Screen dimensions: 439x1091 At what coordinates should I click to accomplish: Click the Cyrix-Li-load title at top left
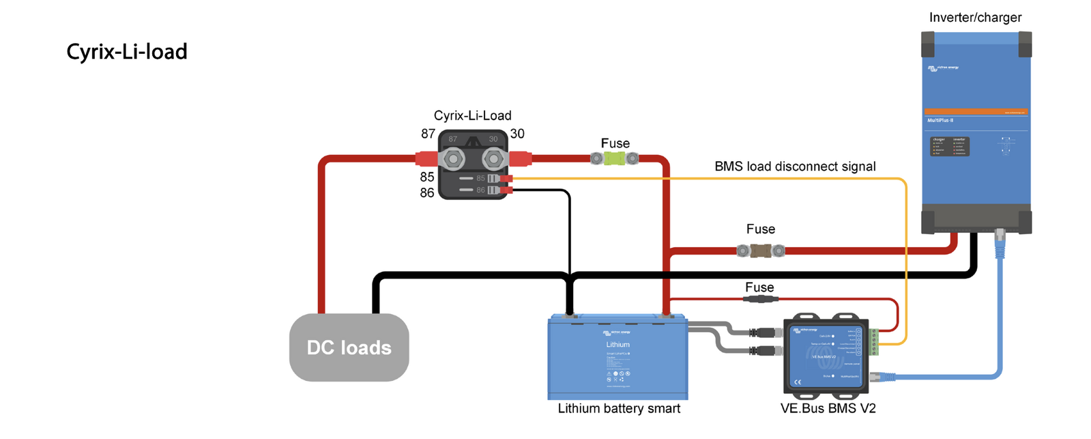(x=127, y=52)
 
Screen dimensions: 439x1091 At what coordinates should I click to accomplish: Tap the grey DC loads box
(x=349, y=348)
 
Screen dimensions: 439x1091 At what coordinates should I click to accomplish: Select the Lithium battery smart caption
(x=619, y=408)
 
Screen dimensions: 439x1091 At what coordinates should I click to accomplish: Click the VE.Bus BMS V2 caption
(x=828, y=408)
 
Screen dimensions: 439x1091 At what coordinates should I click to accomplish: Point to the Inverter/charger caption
(x=975, y=18)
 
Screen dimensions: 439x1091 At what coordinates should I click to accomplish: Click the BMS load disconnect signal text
(x=795, y=167)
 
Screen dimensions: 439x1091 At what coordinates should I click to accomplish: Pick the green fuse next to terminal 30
(x=615, y=159)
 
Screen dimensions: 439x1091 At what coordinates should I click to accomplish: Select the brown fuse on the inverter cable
(x=761, y=251)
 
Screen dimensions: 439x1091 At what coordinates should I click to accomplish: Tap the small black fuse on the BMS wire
(x=760, y=299)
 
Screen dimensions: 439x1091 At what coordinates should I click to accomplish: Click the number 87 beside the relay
(x=428, y=134)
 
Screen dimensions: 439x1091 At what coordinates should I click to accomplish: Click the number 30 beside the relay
(x=517, y=134)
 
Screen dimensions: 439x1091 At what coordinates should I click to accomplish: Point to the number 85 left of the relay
(x=427, y=177)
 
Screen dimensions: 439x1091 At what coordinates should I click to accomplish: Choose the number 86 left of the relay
(x=427, y=193)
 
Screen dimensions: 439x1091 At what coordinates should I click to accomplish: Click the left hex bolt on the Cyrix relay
(x=452, y=160)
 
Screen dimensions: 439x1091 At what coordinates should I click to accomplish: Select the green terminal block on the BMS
(x=874, y=342)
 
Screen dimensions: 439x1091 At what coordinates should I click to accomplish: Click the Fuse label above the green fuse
(x=615, y=143)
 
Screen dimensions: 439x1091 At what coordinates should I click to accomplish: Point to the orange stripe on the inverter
(x=976, y=111)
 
